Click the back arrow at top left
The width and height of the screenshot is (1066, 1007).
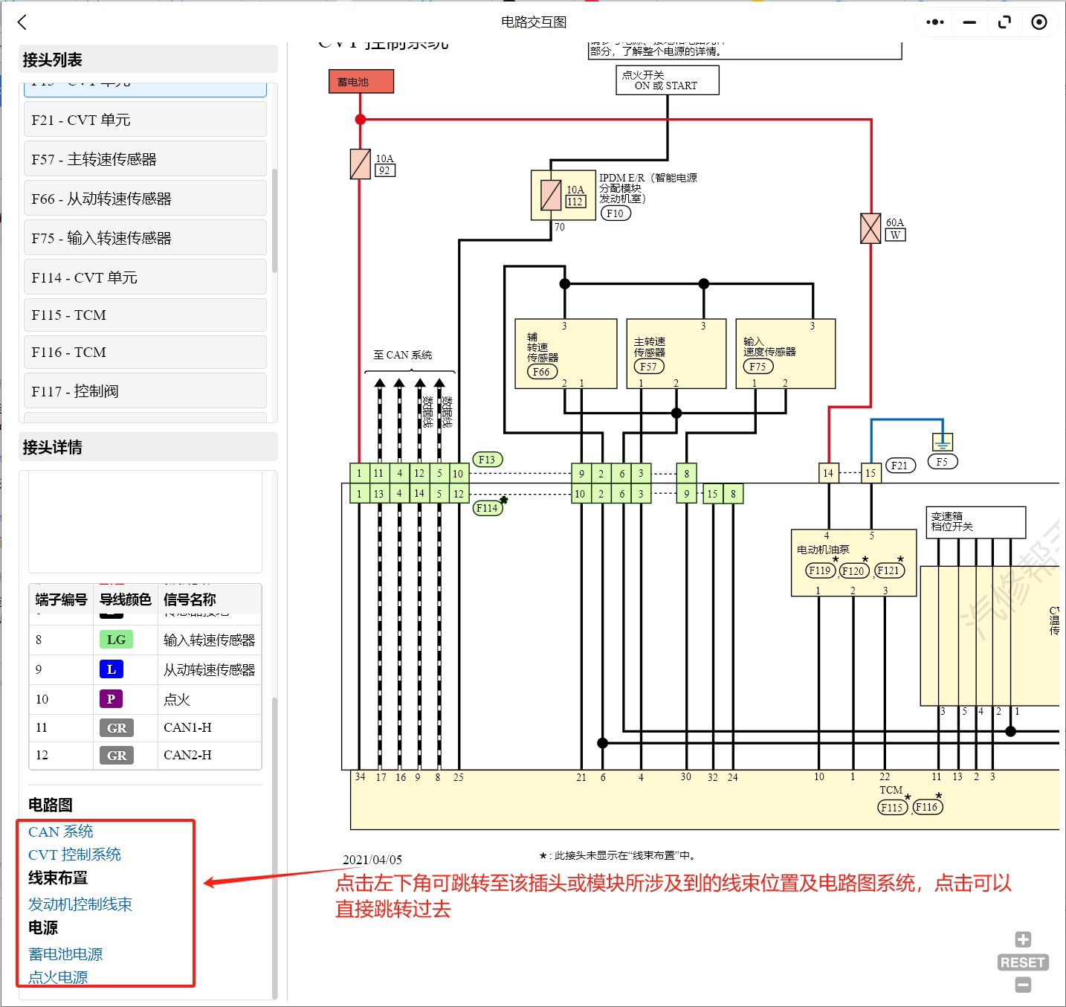(x=22, y=22)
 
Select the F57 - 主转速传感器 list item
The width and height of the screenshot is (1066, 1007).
(x=145, y=159)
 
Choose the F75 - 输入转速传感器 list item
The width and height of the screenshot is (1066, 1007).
(x=145, y=238)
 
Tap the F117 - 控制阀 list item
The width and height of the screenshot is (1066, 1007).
(x=145, y=391)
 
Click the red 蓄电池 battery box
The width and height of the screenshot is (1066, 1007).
(x=361, y=82)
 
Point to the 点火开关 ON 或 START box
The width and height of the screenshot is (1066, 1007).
(x=667, y=80)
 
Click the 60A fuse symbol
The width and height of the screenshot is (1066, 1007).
(x=870, y=228)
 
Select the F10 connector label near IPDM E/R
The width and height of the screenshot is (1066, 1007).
(x=615, y=213)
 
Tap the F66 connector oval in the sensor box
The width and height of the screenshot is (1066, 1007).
(x=541, y=372)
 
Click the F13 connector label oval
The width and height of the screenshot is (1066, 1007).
(x=487, y=460)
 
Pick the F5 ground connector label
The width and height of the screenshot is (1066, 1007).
(x=942, y=462)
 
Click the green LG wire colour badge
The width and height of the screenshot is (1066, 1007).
(x=116, y=640)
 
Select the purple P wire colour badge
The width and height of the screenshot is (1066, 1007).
(x=111, y=699)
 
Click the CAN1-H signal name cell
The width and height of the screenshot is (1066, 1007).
(x=188, y=727)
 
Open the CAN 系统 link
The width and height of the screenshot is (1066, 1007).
(x=61, y=831)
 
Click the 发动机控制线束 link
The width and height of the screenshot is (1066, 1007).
(x=80, y=904)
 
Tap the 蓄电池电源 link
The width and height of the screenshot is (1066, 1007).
(x=65, y=954)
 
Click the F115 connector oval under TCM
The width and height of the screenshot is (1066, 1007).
(x=891, y=808)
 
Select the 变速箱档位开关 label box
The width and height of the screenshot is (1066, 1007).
(x=975, y=522)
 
